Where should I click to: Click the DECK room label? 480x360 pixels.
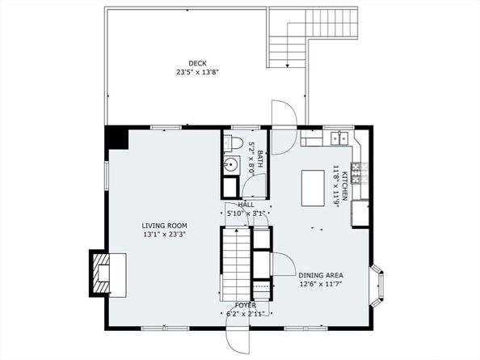[x=197, y=63]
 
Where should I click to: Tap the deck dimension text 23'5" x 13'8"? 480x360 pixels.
[x=198, y=72]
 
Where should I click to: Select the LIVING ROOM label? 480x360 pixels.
[x=164, y=226]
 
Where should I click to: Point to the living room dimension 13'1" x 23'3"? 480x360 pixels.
[x=165, y=235]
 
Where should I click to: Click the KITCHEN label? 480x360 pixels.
[x=344, y=186]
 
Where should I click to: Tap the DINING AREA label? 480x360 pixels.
[x=321, y=275]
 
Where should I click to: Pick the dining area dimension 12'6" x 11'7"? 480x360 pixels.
[x=321, y=284]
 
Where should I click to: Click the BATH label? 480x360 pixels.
[x=260, y=159]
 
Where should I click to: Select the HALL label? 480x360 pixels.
[x=246, y=205]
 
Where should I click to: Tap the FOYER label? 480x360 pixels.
[x=246, y=305]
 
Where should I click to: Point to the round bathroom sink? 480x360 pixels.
[x=230, y=166]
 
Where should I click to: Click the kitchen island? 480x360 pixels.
[x=313, y=188]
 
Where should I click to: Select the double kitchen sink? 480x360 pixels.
[x=339, y=138]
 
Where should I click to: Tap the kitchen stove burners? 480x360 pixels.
[x=356, y=173]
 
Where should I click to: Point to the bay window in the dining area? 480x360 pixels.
[x=378, y=286]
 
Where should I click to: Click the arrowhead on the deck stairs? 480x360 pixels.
[x=288, y=65]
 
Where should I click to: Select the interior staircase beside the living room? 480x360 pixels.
[x=236, y=264]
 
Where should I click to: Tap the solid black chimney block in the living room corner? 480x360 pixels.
[x=116, y=138]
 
